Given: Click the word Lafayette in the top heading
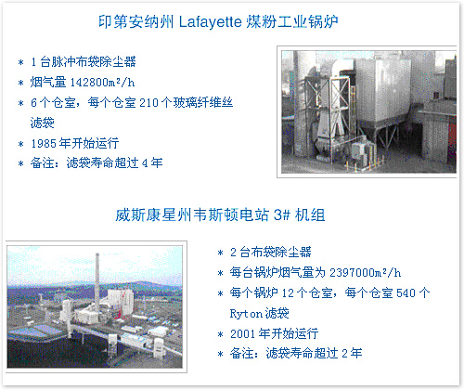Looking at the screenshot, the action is pyautogui.click(x=210, y=22).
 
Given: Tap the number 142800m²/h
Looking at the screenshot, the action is pyautogui.click(x=103, y=83).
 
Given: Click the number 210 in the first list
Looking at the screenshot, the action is pyautogui.click(x=149, y=103).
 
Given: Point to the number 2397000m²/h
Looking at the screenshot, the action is pyautogui.click(x=365, y=273).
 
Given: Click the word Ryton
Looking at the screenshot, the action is pyautogui.click(x=246, y=314).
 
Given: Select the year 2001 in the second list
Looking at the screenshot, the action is pyautogui.click(x=243, y=334).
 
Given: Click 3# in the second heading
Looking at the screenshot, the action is pyautogui.click(x=282, y=214).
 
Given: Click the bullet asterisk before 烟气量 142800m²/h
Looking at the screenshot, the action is pyautogui.click(x=21, y=83).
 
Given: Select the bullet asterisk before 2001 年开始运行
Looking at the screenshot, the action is pyautogui.click(x=220, y=334).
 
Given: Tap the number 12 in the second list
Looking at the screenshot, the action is pyautogui.click(x=288, y=292).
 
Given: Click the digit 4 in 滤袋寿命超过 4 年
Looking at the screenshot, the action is pyautogui.click(x=145, y=163).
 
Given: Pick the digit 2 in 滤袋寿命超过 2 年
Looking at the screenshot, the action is pyautogui.click(x=344, y=354).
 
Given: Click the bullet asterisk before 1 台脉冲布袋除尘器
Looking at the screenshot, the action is pyautogui.click(x=21, y=63).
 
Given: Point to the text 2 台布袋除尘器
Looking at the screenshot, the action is pyautogui.click(x=270, y=253).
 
